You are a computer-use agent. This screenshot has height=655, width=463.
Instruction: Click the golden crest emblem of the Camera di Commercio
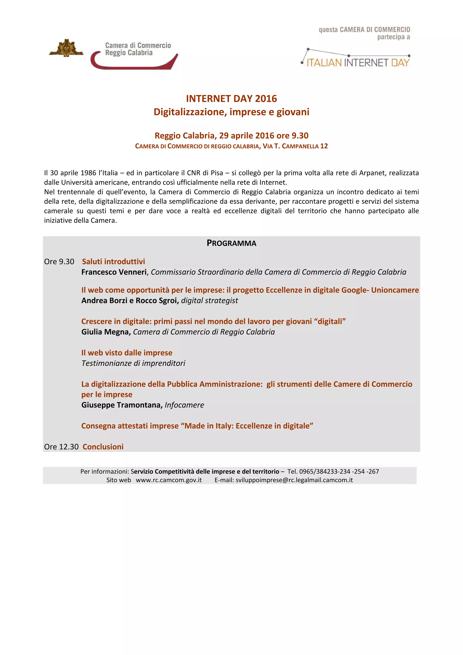[66, 48]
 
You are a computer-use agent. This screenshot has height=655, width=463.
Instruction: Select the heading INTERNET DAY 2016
[231, 98]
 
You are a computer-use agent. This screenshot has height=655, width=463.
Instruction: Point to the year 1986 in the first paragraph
[88, 173]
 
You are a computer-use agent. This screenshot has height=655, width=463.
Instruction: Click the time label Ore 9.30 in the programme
[59, 262]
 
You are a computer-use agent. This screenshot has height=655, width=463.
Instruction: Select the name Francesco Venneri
[114, 272]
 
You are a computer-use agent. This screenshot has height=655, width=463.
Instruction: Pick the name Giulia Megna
[106, 332]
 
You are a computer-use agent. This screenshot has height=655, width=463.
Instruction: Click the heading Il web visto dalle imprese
[127, 353]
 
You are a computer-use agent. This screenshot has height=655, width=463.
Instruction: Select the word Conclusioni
[103, 447]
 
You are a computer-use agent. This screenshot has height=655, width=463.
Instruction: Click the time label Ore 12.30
[61, 447]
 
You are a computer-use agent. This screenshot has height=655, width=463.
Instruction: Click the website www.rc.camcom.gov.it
[169, 480]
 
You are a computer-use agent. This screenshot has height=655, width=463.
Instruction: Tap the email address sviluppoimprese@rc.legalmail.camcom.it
[294, 480]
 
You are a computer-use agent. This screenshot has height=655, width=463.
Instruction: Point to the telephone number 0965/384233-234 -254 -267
[339, 471]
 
